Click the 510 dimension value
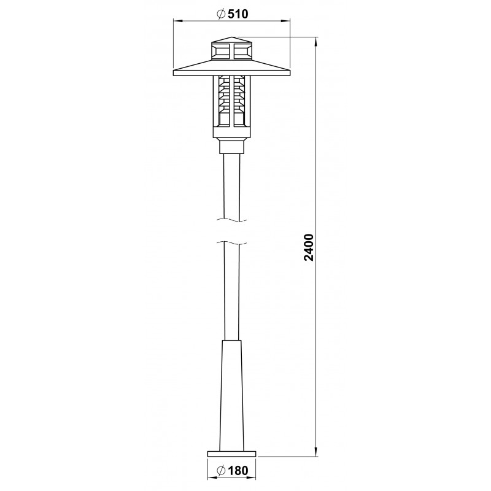point(238,14)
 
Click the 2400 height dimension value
point(309,247)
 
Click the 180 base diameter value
point(238,470)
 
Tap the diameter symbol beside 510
point(221,14)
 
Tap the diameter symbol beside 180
point(221,470)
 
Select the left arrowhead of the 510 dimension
point(178,21)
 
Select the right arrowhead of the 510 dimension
point(285,21)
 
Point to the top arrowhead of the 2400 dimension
point(316,42)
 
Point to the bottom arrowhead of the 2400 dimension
point(316,452)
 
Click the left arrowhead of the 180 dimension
point(212,479)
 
